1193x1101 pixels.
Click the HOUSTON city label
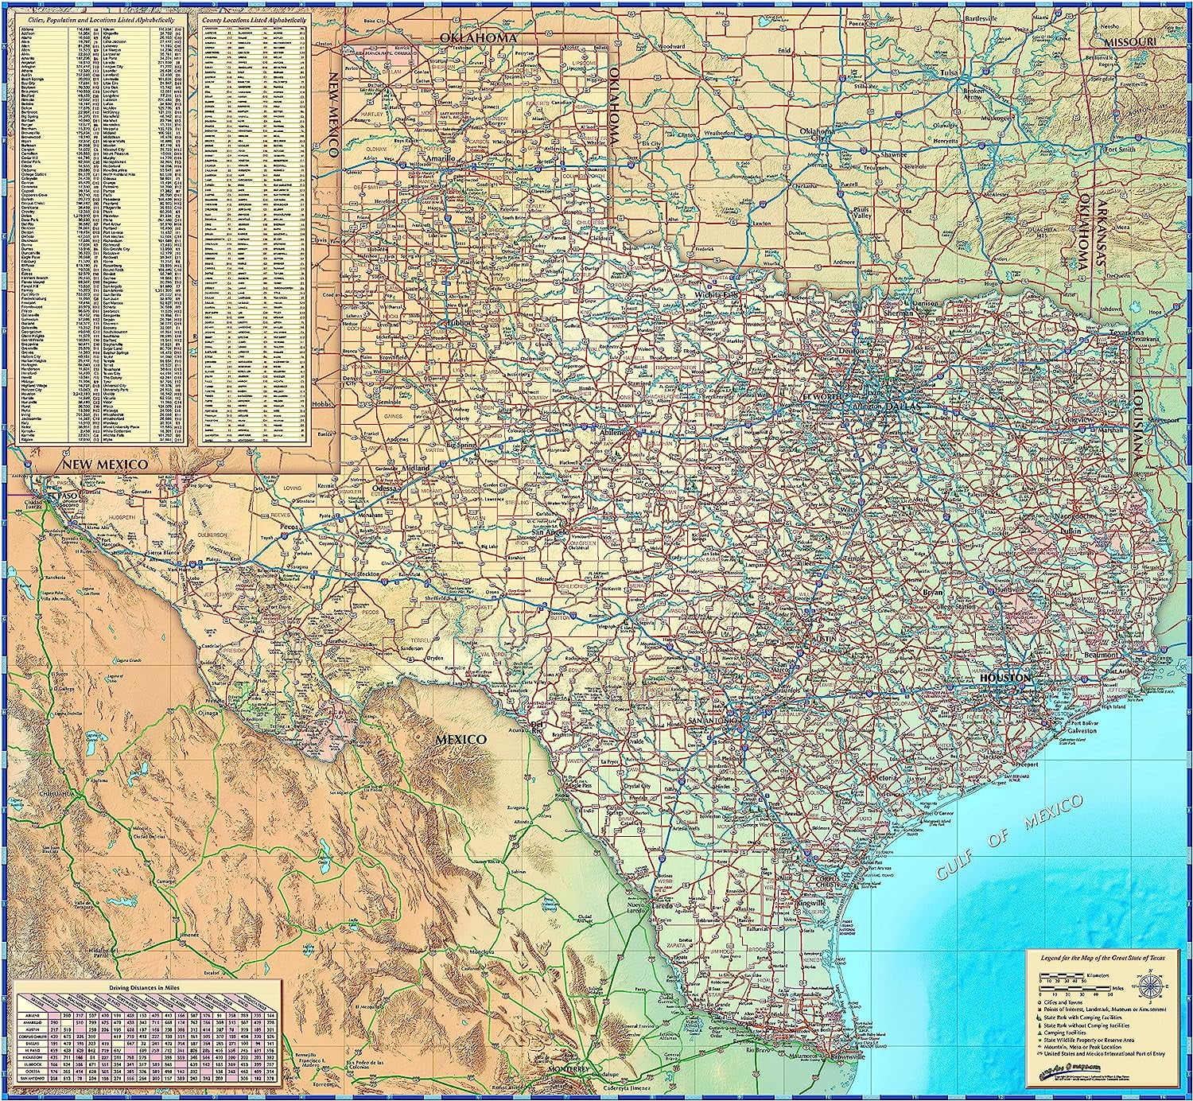[1006, 677]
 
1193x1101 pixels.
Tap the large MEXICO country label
[460, 739]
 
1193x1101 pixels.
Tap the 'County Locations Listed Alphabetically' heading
[253, 17]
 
